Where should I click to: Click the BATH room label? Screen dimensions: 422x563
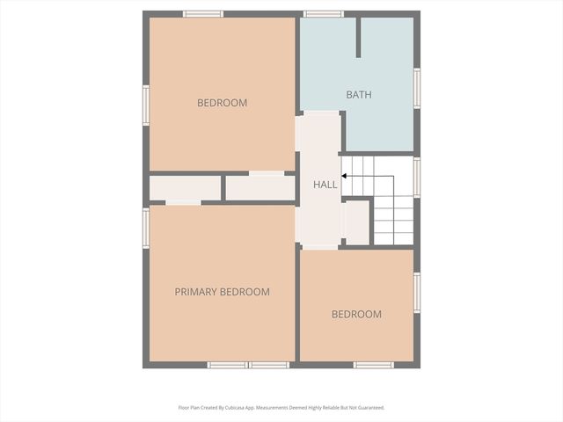coord(358,94)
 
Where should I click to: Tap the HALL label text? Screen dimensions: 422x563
coord(325,185)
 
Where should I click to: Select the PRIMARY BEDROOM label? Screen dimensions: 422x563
coord(222,292)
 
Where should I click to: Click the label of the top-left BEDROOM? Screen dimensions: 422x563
coord(222,103)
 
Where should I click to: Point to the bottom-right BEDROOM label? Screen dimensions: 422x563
coord(356,314)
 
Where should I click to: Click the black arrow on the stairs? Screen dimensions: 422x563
coord(345,176)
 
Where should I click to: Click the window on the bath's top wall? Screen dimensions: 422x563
coord(323,14)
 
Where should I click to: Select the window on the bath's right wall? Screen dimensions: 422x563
coord(417,88)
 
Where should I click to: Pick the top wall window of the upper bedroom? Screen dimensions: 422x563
coord(203,14)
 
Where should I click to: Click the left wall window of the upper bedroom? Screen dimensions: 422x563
coord(146,105)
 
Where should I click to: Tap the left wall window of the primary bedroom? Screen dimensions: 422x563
coord(146,228)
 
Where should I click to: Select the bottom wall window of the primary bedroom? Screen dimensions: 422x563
coord(248,365)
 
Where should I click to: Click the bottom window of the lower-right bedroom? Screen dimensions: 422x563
coord(373,365)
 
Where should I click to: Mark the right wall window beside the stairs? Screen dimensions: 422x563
coord(417,176)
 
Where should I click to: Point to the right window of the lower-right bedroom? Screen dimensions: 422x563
coord(417,293)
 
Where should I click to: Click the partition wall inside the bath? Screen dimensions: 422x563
coord(358,37)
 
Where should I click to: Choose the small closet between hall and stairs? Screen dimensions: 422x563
coord(356,222)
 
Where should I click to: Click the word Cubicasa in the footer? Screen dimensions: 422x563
coord(233,408)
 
